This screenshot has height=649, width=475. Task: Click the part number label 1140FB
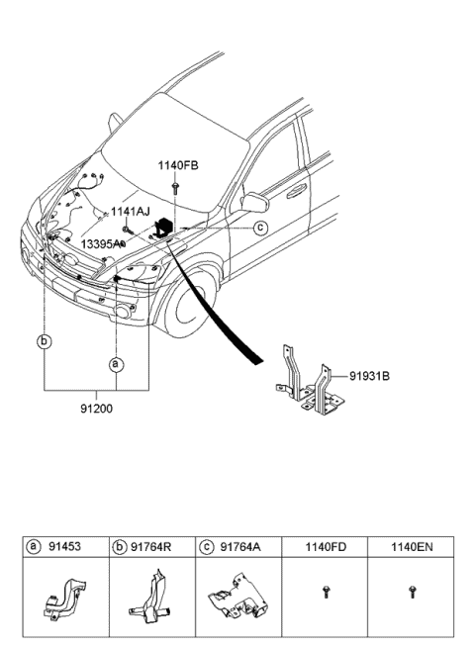click(x=178, y=165)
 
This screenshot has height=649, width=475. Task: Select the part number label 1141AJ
click(x=130, y=212)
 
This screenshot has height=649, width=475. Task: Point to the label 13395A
click(x=101, y=242)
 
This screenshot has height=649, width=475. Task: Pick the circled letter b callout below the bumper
click(x=44, y=342)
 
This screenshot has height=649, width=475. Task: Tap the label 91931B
click(x=368, y=376)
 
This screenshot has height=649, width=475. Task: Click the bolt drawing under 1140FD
click(x=326, y=592)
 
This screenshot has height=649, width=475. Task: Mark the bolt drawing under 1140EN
click(x=412, y=592)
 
